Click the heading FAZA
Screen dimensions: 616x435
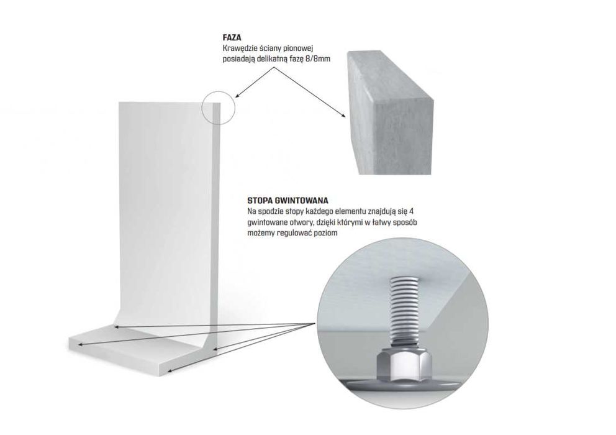[x=232, y=38]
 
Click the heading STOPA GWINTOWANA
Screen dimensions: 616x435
[x=288, y=201]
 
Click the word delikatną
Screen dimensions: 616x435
[x=272, y=60]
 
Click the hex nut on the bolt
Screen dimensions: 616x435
[x=404, y=365]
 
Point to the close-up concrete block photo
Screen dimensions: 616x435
[x=390, y=113]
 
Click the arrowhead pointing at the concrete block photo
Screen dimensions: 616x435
[x=343, y=115]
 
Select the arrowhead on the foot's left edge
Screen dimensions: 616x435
[x=81, y=345]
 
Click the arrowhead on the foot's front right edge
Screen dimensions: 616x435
[x=170, y=370]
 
